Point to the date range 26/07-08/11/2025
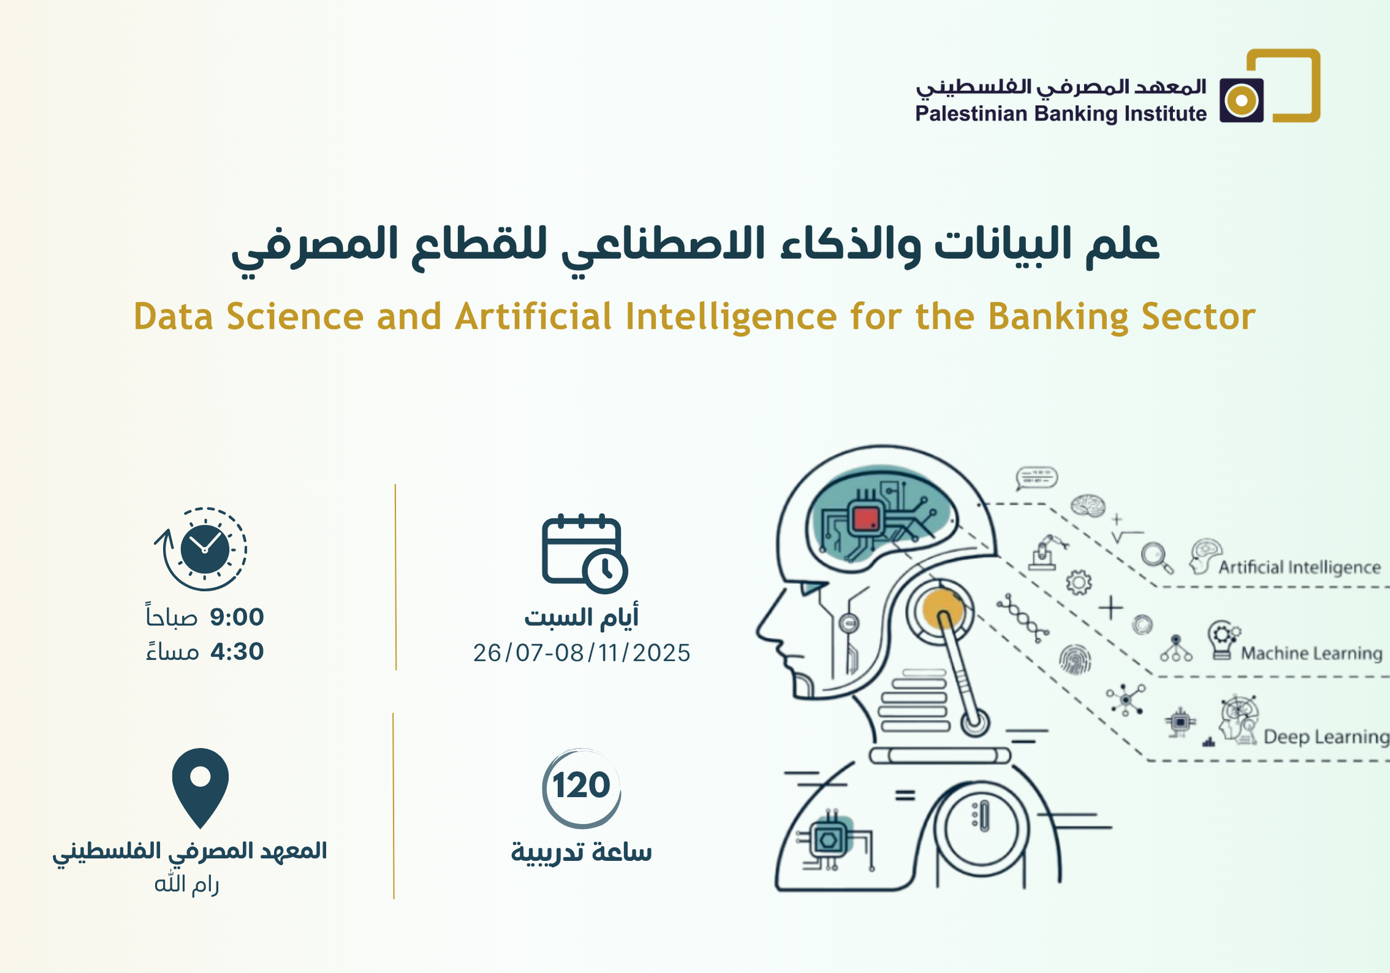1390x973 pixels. tap(581, 653)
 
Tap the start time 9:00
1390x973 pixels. tap(237, 617)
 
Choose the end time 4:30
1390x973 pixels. tap(237, 651)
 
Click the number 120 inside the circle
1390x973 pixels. tap(581, 785)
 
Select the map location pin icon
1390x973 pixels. tap(200, 788)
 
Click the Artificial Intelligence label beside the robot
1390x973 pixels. tap(1299, 567)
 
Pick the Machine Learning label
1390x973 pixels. tap(1312, 653)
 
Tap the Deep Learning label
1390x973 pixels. tap(1326, 736)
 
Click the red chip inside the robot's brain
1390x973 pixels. tap(866, 519)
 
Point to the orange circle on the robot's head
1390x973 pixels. tap(943, 608)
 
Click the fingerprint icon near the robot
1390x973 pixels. tap(1075, 660)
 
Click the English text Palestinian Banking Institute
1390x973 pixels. tap(1061, 114)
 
